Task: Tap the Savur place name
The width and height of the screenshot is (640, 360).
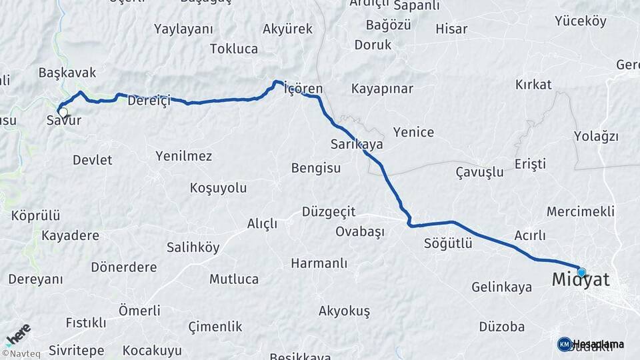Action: pyautogui.click(x=64, y=121)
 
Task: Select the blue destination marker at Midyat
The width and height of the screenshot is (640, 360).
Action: pyautogui.click(x=581, y=272)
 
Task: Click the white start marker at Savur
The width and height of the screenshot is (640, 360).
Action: pyautogui.click(x=63, y=112)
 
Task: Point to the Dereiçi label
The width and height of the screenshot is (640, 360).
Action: pyautogui.click(x=149, y=101)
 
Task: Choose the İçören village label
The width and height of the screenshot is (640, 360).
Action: pyautogui.click(x=303, y=89)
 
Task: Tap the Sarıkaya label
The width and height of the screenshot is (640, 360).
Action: pyautogui.click(x=357, y=144)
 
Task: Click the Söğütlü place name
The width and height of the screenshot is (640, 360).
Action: pyautogui.click(x=448, y=243)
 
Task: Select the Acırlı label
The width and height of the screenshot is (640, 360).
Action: pyautogui.click(x=530, y=235)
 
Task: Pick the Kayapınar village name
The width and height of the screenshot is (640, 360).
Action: pyautogui.click(x=383, y=89)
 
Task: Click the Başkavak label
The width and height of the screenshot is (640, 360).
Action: pyautogui.click(x=67, y=73)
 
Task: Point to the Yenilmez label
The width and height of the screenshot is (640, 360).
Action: pyautogui.click(x=183, y=156)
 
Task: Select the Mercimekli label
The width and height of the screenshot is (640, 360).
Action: pyautogui.click(x=580, y=211)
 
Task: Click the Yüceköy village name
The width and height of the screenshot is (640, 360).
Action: pyautogui.click(x=580, y=21)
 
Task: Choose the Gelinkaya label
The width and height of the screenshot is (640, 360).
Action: pyautogui.click(x=501, y=287)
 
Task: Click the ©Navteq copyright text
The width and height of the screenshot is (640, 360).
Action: pyautogui.click(x=21, y=354)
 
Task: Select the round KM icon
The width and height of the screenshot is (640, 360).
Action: pyautogui.click(x=565, y=344)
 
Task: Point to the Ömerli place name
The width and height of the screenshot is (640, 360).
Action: pyautogui.click(x=139, y=310)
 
